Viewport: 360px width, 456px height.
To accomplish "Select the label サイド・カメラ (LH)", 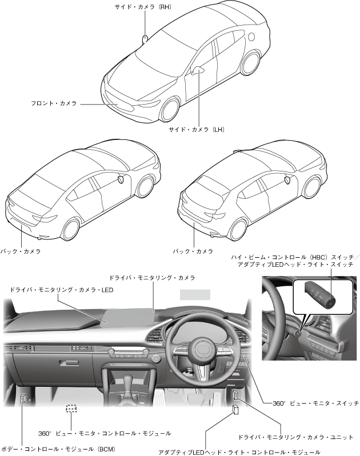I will click(196, 130).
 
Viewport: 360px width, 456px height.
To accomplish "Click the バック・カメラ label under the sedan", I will click(21, 250).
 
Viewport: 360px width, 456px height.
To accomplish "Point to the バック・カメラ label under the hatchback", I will click(193, 250).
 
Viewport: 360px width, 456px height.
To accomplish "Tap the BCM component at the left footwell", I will click(22, 398).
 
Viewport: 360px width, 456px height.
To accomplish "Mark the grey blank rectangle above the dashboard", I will click(195, 294).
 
